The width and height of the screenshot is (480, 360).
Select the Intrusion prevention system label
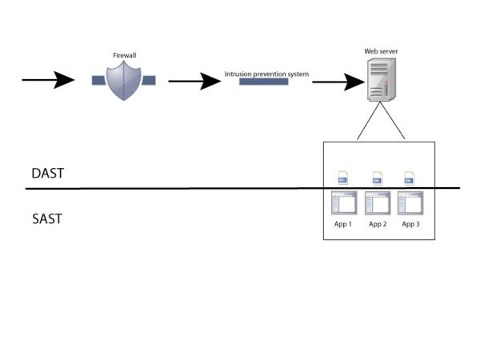(266, 74)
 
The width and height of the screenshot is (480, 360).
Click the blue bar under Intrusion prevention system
(264, 82)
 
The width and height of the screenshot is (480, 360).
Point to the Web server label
(381, 51)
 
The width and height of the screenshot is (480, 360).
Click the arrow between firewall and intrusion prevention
(194, 81)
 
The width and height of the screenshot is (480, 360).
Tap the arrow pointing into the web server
(334, 82)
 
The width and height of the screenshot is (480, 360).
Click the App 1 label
(343, 224)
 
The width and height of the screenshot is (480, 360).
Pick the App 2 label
(378, 224)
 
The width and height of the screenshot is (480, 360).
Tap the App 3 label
(411, 224)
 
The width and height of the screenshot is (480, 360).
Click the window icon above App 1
(343, 203)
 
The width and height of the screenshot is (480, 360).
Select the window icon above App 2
(377, 203)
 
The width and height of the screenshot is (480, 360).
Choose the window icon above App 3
(411, 203)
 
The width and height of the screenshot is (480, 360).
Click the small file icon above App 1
(342, 178)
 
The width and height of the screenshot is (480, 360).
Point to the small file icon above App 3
(410, 178)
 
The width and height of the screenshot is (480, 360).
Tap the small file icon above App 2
(376, 178)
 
